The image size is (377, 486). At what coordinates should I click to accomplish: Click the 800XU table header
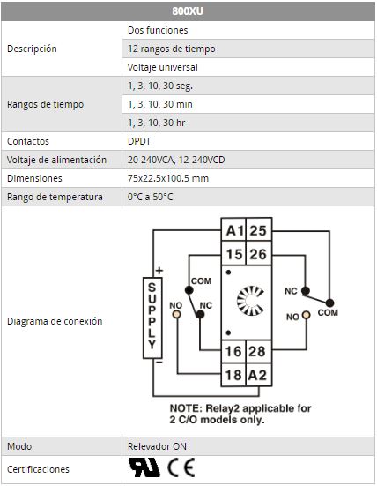(188, 11)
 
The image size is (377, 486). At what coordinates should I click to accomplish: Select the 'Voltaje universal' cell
(248, 67)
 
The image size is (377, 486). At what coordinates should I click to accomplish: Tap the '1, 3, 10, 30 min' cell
(248, 104)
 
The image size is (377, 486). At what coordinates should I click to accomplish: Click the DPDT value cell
(248, 141)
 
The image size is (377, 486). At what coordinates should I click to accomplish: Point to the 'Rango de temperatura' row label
(55, 197)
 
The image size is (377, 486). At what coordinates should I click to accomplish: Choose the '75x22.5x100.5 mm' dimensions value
(168, 178)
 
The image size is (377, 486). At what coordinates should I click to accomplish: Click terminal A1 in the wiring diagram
(233, 229)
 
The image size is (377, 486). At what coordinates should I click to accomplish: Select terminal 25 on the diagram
(259, 229)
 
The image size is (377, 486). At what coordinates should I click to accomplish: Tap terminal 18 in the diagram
(233, 375)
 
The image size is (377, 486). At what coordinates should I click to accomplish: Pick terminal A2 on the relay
(259, 375)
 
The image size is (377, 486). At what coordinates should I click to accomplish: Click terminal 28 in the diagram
(259, 351)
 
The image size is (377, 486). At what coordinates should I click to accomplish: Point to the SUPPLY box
(152, 318)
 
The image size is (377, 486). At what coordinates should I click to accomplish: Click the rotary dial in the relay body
(250, 301)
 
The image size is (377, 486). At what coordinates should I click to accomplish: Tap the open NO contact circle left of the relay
(176, 314)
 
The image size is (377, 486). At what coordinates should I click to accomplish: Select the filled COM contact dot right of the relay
(329, 303)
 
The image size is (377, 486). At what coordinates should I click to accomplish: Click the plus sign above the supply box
(159, 271)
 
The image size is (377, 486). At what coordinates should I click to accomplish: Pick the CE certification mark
(181, 467)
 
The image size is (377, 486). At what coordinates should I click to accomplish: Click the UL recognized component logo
(144, 467)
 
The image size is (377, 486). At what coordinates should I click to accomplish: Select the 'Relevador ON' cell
(248, 446)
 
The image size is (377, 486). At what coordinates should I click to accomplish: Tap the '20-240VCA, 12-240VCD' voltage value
(176, 160)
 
